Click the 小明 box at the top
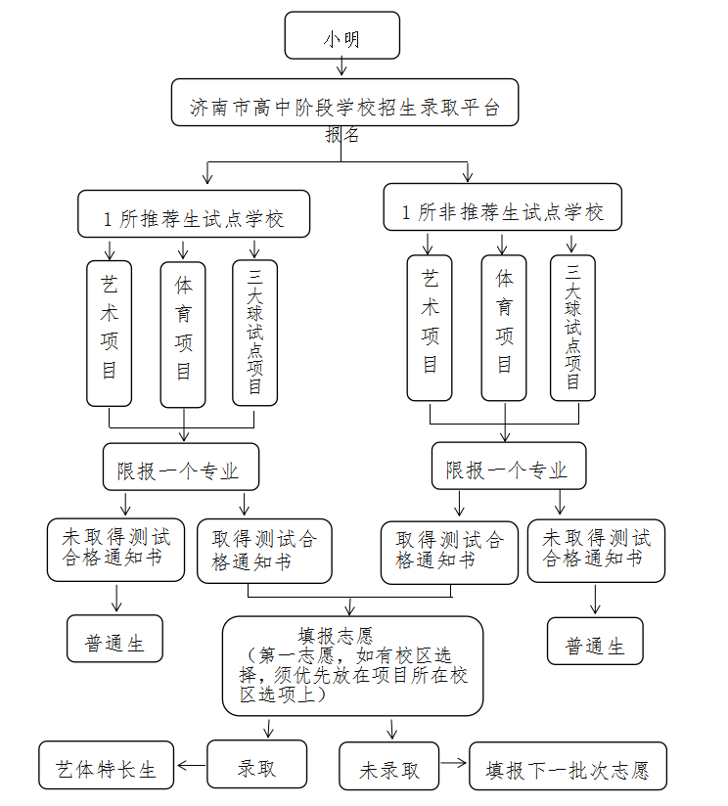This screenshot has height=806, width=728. point(341,36)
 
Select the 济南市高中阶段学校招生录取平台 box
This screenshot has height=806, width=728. point(344,103)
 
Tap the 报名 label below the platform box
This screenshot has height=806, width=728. point(342,135)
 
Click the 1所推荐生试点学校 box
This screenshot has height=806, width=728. point(194,214)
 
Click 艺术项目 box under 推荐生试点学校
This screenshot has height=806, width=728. point(109,333)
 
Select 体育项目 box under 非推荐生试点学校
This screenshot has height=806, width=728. point(504,328)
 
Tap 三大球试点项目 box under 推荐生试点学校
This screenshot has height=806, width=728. point(254,333)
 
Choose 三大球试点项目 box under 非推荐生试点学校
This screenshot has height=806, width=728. point(572,328)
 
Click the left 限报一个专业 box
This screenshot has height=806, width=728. point(181,467)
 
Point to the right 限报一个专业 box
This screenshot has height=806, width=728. point(509,466)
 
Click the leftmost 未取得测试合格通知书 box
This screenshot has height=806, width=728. point(115,550)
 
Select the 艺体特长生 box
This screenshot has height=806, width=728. point(106,766)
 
